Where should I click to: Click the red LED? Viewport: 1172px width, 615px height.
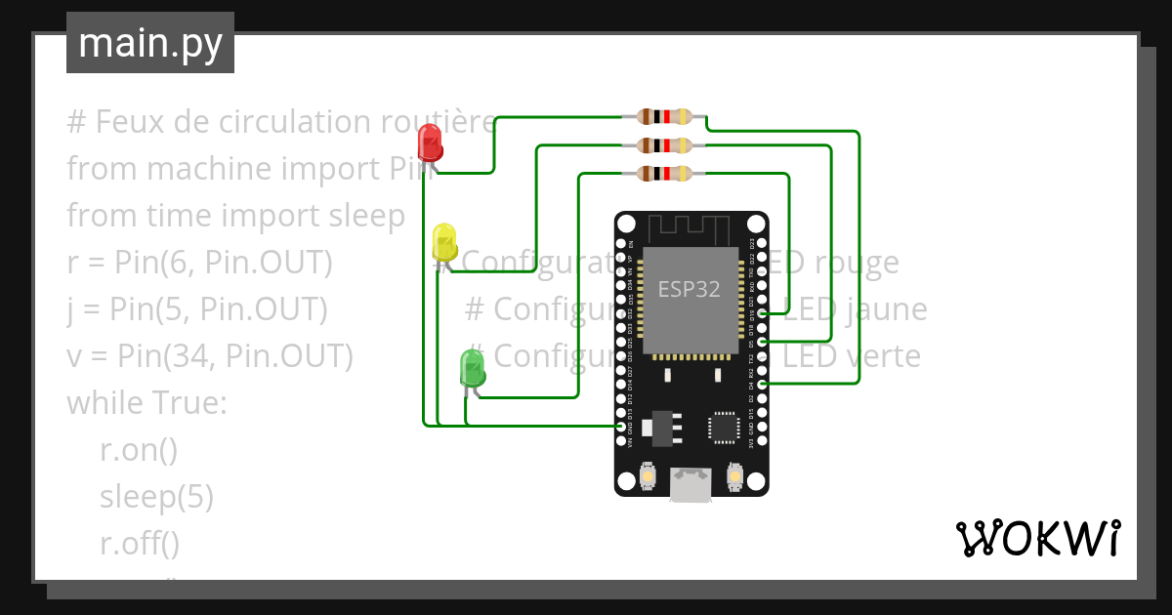(x=429, y=143)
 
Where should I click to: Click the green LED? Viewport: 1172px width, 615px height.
(x=473, y=368)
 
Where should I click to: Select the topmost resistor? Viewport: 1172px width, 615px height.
(x=664, y=117)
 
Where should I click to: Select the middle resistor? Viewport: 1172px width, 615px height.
(x=664, y=146)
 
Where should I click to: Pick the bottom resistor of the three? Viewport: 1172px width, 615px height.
(x=664, y=174)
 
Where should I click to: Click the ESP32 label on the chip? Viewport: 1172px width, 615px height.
(x=689, y=290)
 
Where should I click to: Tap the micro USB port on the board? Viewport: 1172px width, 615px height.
(x=691, y=484)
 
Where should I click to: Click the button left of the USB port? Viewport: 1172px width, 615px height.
(x=647, y=476)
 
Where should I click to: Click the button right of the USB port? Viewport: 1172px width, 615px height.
(x=735, y=476)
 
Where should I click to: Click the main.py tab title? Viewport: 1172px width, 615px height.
(x=150, y=43)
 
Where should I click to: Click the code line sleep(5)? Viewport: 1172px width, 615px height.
(x=156, y=497)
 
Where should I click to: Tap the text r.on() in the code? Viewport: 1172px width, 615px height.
(x=139, y=450)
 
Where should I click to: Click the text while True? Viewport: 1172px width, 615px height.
(x=146, y=403)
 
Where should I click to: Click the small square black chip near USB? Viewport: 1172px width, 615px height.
(x=724, y=427)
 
